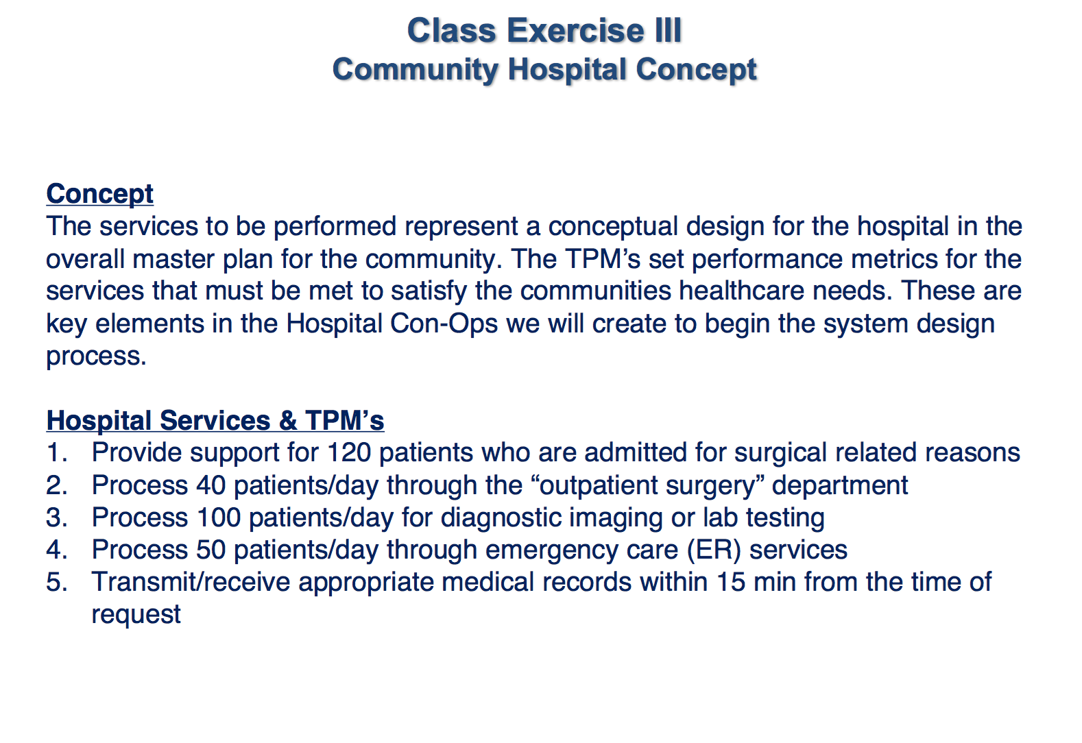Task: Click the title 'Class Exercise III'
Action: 544,30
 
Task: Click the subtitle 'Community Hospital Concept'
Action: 544,70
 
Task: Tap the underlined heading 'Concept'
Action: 99,195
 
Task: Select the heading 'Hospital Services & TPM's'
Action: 215,420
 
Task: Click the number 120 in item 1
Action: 349,452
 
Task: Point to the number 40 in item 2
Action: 211,485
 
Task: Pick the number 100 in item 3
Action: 219,517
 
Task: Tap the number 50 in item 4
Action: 211,550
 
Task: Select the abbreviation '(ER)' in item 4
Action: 713,550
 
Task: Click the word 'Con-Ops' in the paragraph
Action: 444,323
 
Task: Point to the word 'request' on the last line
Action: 136,615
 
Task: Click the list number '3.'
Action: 57,517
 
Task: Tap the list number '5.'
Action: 57,582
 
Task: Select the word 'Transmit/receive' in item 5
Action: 191,582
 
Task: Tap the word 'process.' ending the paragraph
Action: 96,357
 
